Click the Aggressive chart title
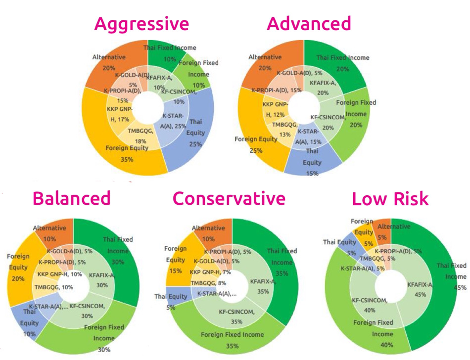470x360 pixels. (141, 24)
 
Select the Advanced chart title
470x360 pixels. (309, 24)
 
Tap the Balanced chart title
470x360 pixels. (71, 198)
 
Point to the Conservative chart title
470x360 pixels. (229, 198)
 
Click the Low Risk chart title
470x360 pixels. (390, 199)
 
